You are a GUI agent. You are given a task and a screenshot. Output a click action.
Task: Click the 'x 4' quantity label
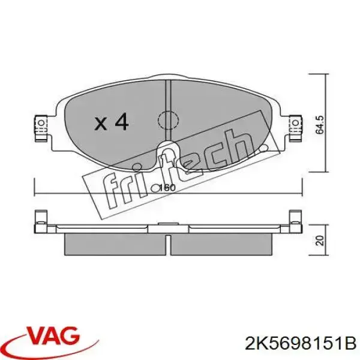click(112, 122)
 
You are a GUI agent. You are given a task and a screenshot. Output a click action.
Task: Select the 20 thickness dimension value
click(320, 241)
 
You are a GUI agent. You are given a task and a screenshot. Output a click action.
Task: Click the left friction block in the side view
click(115, 242)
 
